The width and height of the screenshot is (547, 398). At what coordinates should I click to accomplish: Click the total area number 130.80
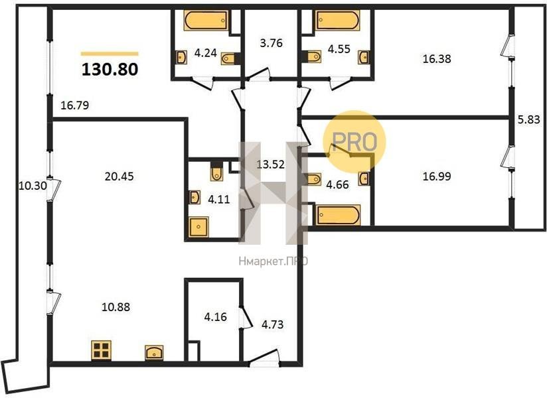(110, 70)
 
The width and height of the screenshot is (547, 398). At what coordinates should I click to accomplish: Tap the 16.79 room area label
(74, 105)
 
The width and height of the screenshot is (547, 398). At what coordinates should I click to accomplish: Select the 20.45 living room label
(119, 176)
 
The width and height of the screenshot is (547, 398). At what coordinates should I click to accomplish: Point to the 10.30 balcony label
(33, 186)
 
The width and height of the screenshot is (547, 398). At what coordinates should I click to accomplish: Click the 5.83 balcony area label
(529, 119)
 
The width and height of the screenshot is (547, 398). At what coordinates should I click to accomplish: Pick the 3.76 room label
(271, 43)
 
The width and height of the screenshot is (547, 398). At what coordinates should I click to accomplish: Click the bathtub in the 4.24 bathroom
(206, 21)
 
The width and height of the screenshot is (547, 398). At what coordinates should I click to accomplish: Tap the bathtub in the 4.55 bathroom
(337, 21)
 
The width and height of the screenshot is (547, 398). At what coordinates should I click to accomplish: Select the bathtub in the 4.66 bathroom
(338, 216)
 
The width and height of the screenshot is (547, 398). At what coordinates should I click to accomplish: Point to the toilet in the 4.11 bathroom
(216, 170)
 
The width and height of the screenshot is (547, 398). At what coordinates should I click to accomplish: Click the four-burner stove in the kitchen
(102, 350)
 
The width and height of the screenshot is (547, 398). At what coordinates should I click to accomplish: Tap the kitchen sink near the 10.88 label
(154, 352)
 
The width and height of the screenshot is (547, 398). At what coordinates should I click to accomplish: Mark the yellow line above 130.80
(110, 54)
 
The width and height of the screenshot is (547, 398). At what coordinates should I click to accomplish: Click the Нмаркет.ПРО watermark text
(273, 261)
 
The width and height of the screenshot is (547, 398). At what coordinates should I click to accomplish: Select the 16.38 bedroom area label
(437, 59)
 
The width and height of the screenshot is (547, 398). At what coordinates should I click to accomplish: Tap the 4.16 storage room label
(215, 317)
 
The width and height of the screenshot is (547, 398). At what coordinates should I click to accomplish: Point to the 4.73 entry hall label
(272, 325)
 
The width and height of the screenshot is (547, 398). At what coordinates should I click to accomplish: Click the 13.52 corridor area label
(271, 164)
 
